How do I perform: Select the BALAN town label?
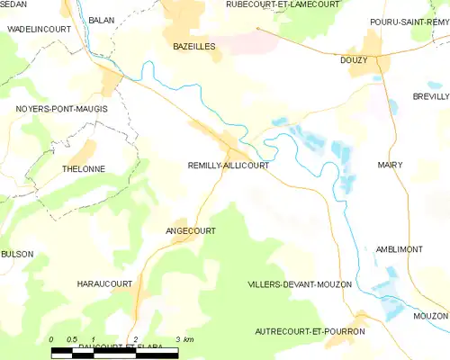(x=102, y=19)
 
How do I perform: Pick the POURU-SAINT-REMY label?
(x=409, y=22)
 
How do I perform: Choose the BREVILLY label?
(x=430, y=96)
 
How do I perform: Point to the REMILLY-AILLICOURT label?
(x=228, y=166)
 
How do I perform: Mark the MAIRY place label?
(x=391, y=165)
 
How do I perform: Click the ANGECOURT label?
(x=192, y=230)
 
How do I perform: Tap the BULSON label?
(x=17, y=255)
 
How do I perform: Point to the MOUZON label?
(x=430, y=317)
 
